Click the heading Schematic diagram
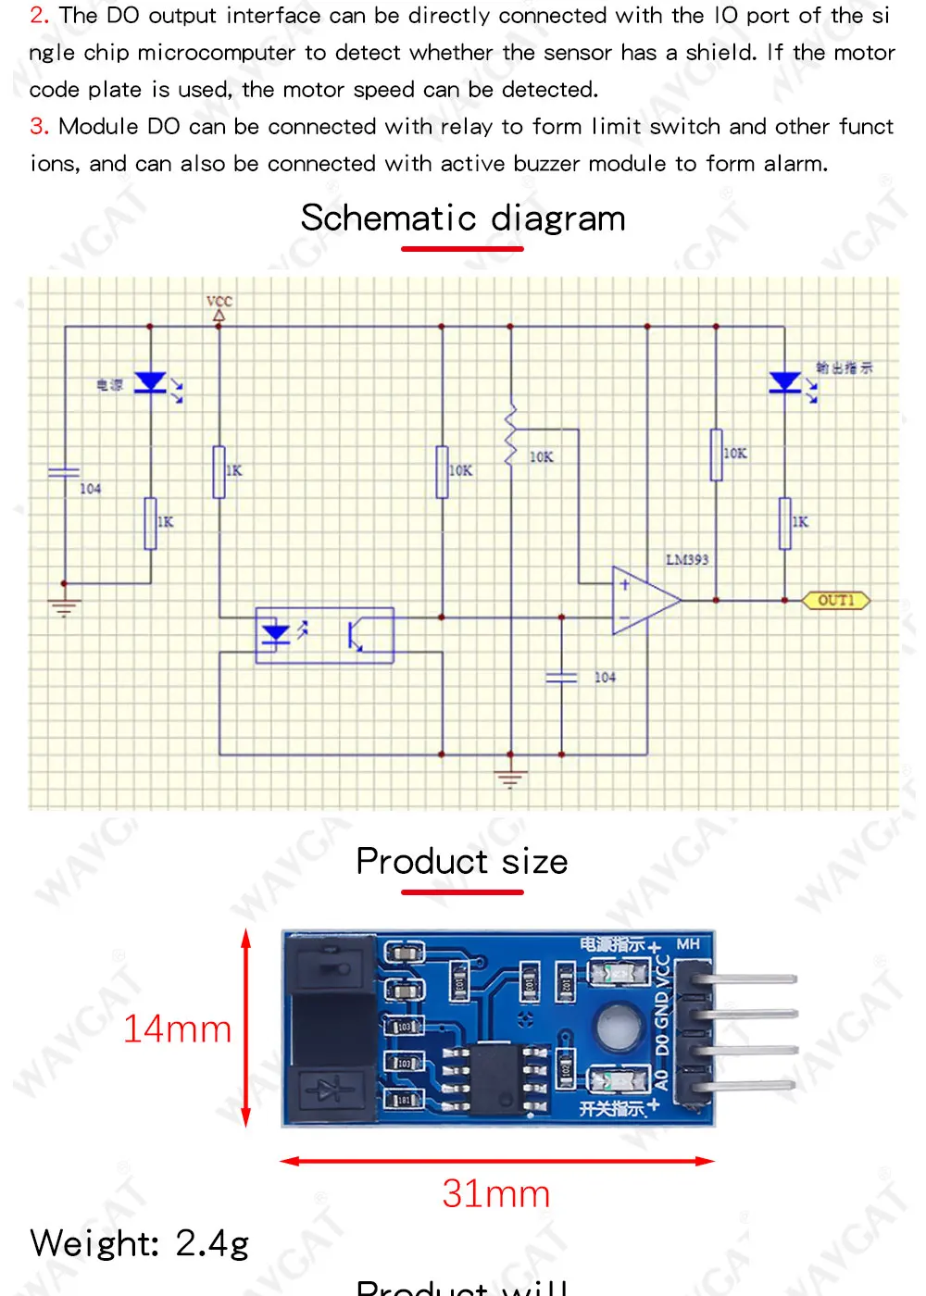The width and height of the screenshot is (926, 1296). tap(463, 218)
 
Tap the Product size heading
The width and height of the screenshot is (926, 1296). tap(462, 861)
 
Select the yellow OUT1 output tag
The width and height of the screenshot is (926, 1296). tap(835, 600)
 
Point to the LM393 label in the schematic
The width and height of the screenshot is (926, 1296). tap(687, 559)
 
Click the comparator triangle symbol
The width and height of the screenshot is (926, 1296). tap(644, 600)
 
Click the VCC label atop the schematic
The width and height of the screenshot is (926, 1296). tap(219, 301)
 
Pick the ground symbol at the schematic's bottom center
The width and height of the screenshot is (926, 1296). tap(510, 779)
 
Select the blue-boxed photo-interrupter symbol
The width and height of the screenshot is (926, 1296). tap(324, 635)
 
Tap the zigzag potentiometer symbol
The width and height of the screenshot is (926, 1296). tap(510, 435)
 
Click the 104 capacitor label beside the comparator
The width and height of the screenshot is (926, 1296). tap(605, 678)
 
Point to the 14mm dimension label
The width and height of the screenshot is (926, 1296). tap(177, 1028)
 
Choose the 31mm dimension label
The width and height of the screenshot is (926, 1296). tap(496, 1194)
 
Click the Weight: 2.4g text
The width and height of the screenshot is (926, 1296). tap(140, 1243)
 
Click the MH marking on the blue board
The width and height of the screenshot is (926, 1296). tap(688, 944)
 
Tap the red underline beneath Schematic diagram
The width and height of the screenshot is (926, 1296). tap(462, 249)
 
